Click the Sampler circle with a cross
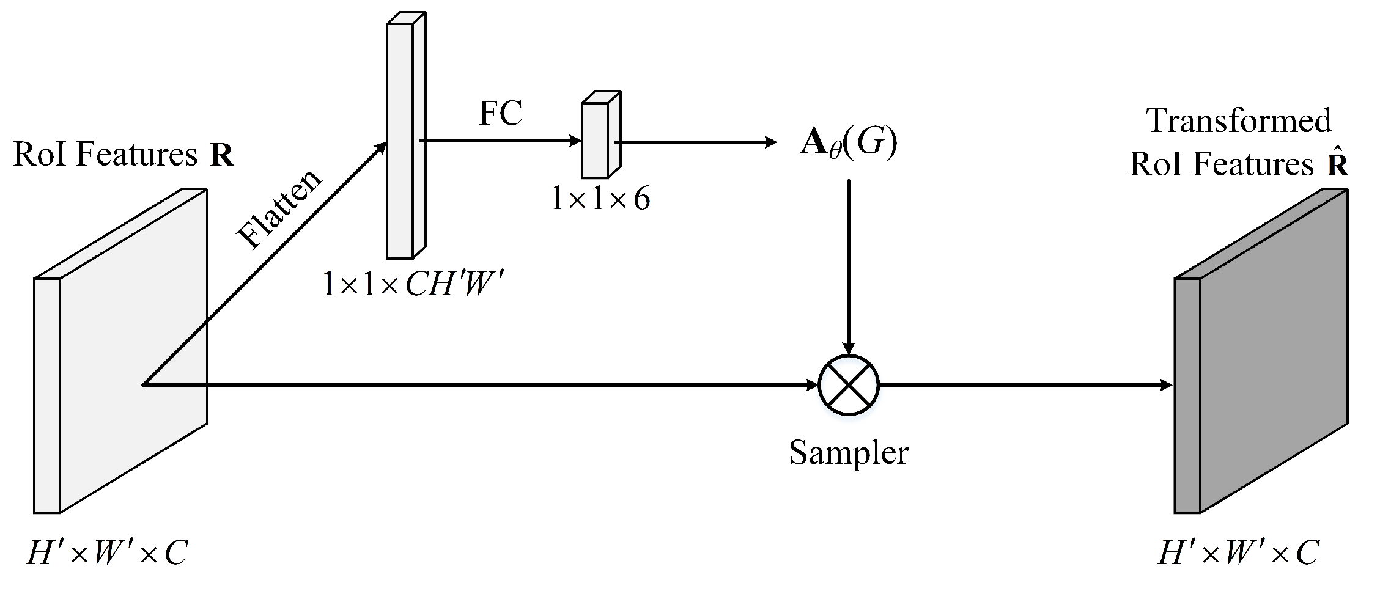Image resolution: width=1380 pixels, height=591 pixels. (848, 385)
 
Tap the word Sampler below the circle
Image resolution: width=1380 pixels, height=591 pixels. (849, 453)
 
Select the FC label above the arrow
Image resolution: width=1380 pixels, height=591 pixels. (500, 114)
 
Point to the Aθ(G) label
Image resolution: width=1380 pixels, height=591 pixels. (849, 143)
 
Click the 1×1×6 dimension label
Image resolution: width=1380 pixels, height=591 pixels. (600, 199)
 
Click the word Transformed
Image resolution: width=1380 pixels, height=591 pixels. (1239, 120)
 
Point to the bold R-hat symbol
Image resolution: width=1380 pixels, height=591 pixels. (1337, 164)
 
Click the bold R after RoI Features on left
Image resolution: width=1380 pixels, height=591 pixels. (222, 156)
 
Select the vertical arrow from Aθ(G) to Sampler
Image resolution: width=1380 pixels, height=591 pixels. (848, 263)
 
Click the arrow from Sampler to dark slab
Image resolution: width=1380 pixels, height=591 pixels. (1021, 385)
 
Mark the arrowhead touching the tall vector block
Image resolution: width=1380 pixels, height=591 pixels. (382, 147)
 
